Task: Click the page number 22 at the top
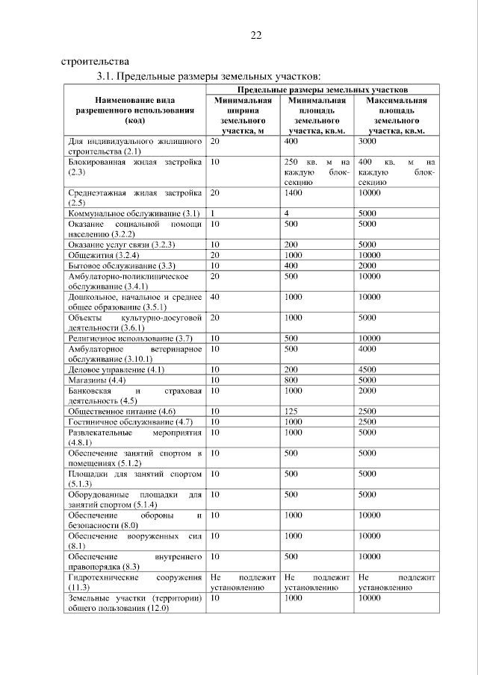[x=256, y=36]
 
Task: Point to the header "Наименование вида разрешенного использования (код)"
[x=135, y=110]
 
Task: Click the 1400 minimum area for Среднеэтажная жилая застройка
[x=296, y=192]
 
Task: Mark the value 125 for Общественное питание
[x=292, y=411]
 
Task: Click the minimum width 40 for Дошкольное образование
[x=215, y=296]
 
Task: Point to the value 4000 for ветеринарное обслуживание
[x=368, y=348]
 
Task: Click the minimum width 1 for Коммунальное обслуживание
[x=213, y=213]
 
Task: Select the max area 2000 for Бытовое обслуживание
[x=368, y=265]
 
